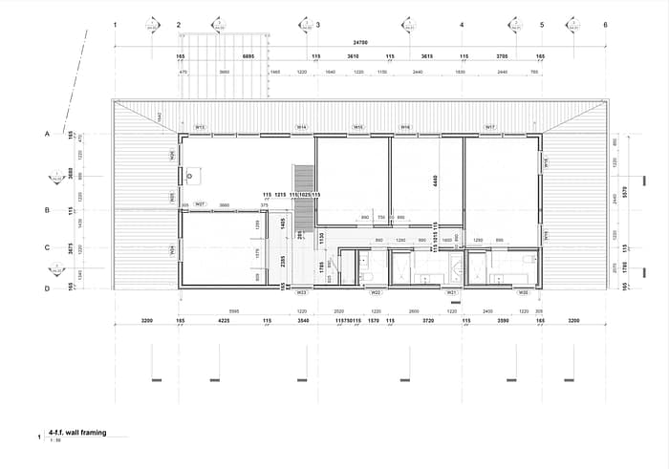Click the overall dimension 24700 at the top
click(360, 42)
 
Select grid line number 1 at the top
click(115, 25)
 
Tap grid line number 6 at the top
click(605, 25)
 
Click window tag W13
click(202, 127)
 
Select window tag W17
click(490, 127)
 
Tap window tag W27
click(200, 203)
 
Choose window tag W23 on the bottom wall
click(301, 292)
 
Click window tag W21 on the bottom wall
click(452, 292)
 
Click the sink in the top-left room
click(194, 176)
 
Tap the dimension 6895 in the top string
click(248, 57)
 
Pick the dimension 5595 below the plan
click(234, 311)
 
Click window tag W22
click(377, 292)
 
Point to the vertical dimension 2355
click(284, 259)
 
